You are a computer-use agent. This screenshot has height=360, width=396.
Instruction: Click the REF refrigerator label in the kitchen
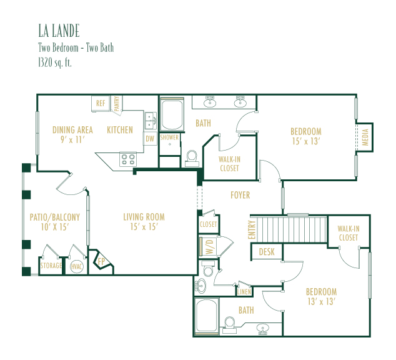pos(101,103)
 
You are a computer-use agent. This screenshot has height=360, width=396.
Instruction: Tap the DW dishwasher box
pos(150,139)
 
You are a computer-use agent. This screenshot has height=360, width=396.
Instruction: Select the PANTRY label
pos(117,104)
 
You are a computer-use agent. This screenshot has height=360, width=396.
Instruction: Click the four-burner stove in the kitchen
pos(128,159)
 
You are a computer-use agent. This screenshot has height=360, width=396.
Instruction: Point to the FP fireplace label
pos(102,261)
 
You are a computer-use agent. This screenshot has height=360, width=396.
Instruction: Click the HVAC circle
pos(77,267)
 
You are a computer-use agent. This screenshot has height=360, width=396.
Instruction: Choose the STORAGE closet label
pos(51,266)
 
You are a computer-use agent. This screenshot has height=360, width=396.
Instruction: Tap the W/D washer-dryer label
pos(210,247)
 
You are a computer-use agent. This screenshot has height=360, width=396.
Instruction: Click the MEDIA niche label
pos(365,137)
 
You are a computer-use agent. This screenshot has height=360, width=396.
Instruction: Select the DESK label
pos(267,252)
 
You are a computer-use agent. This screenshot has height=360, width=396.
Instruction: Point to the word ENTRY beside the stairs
pos(252,230)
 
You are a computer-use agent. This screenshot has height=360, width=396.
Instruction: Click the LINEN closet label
pos(244,292)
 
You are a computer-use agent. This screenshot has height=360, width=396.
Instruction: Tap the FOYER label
pos(240,195)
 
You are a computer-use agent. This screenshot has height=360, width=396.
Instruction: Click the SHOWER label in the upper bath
pos(169,137)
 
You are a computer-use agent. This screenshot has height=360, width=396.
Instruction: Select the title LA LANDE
pos(59,31)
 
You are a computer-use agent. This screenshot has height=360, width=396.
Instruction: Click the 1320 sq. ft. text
pos(55,62)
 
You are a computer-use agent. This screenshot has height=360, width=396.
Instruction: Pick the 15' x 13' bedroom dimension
pos(306,141)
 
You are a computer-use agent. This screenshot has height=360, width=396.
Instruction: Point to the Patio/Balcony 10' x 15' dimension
pos(55,227)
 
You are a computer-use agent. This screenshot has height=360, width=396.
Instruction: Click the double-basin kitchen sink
pos(151,121)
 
